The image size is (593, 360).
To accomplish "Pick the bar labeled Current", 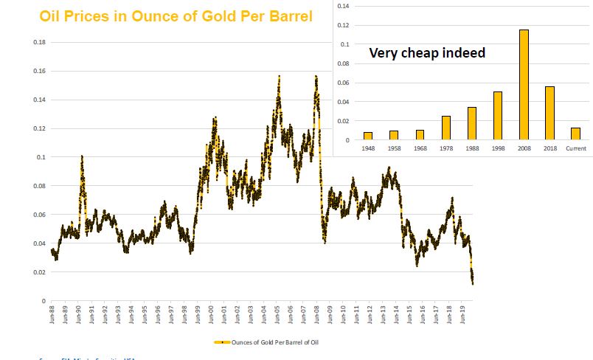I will coord(576,134).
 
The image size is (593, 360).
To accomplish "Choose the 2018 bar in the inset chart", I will coord(549,113).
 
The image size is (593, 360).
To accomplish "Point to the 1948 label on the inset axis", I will coord(367,148).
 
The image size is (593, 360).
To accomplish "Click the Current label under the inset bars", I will coord(576,148).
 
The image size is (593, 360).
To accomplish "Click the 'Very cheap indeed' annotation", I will coord(427,53).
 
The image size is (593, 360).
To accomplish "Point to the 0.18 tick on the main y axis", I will coord(39,42).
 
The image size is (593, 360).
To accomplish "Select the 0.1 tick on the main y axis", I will coord(41,157).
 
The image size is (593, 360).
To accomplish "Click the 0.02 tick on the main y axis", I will coord(39,272).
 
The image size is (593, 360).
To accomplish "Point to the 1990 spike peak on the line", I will coord(81,156).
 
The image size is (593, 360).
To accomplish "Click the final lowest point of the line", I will coord(472,283).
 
